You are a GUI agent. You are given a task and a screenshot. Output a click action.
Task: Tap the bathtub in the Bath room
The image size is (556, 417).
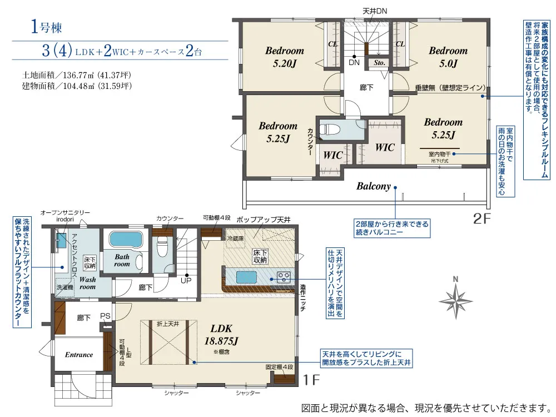[126, 239]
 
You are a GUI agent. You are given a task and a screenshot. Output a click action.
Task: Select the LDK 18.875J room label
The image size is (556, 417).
[221, 334]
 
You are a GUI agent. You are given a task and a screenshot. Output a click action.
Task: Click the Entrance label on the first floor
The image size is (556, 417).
[79, 355]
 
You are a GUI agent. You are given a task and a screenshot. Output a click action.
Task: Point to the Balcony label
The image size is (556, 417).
[374, 186]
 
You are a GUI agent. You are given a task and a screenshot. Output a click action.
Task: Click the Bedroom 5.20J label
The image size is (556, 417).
[284, 57]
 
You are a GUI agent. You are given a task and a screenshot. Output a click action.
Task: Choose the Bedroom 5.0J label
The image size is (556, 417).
[448, 57]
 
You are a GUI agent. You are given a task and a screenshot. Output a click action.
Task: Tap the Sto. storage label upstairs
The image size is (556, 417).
[379, 63]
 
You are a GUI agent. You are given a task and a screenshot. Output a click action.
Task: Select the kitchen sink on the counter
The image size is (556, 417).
[246, 277]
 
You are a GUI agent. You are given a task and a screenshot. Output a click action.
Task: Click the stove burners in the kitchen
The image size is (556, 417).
[284, 276]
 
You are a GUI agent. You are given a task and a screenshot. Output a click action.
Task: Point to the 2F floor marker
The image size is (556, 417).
[482, 219]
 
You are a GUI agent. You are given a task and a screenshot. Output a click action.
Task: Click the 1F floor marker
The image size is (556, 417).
[311, 380]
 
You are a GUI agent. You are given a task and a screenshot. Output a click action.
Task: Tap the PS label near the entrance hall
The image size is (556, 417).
[105, 316]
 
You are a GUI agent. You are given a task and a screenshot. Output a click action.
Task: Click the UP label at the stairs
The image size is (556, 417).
[186, 280]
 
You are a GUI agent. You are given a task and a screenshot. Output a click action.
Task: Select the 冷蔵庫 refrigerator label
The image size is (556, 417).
[235, 239]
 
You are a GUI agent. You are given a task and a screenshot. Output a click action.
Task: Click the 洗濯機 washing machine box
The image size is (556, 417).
[65, 287]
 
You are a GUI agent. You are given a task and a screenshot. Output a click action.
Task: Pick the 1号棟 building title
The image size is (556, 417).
[47, 27]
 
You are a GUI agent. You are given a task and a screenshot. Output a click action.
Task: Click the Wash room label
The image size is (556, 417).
[88, 283]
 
